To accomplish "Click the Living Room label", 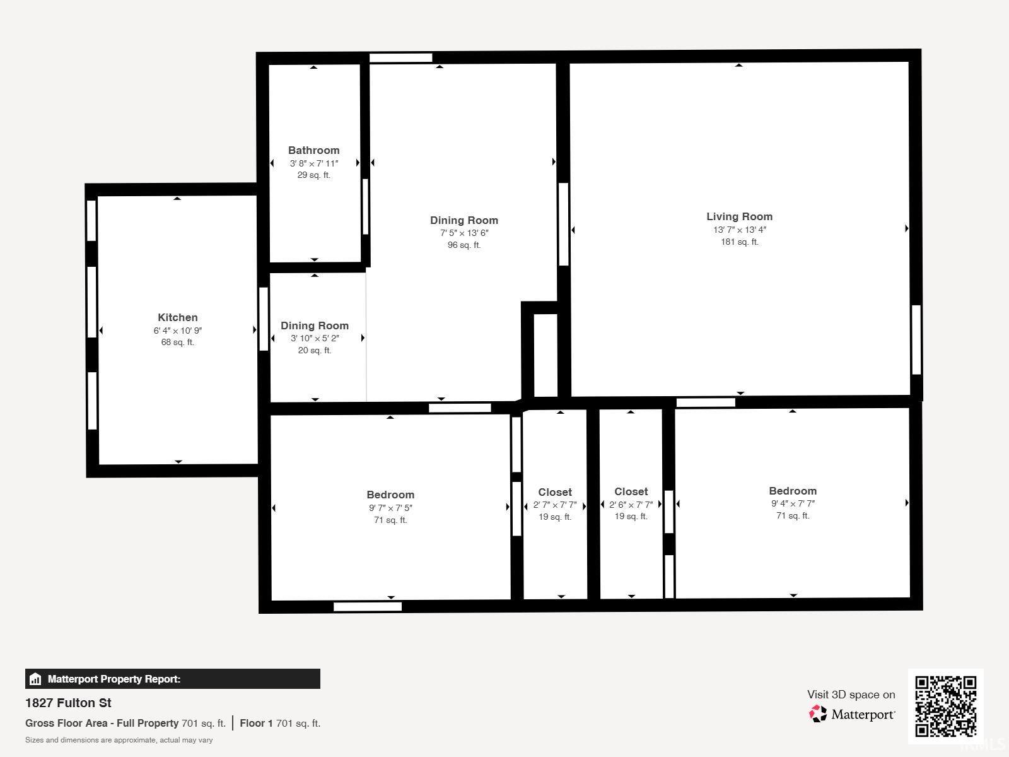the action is (739, 216).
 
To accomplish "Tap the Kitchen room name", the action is (177, 317).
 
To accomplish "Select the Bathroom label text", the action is (314, 150).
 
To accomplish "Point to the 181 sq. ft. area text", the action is (739, 242).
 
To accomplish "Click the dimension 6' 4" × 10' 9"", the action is (177, 331).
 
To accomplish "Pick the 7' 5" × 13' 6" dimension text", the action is (464, 233).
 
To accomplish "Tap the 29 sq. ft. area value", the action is (314, 175).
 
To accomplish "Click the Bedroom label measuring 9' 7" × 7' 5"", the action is (390, 495).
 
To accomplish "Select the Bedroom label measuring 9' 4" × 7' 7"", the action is (793, 491).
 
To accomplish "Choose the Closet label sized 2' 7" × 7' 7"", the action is (555, 492).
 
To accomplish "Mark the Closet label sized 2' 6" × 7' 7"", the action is (631, 492).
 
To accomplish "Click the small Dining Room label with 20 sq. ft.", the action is (315, 326).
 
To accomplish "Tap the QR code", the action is (945, 707).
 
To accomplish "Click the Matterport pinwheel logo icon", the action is (818, 714).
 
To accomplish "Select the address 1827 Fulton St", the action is (68, 703).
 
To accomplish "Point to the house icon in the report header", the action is (35, 679).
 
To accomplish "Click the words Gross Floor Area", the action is (67, 723).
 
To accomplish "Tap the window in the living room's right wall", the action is (916, 339).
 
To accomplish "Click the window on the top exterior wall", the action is (401, 57).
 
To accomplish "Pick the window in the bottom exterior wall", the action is (367, 607).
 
